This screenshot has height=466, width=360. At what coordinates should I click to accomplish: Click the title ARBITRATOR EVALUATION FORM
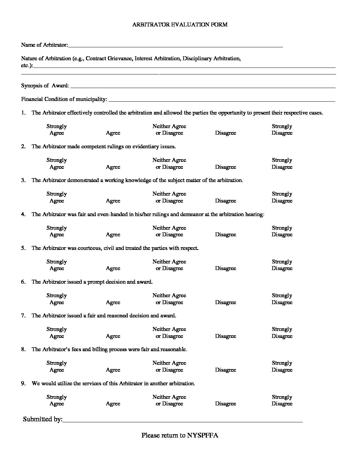[180, 24]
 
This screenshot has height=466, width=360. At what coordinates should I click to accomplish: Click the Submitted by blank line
[182, 421]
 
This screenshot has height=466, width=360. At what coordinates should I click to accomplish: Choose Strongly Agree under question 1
[57, 130]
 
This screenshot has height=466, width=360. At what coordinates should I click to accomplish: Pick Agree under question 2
[113, 167]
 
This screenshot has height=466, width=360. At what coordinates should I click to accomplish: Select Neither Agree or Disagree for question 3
[169, 197]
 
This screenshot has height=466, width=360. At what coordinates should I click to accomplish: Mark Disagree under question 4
[225, 235]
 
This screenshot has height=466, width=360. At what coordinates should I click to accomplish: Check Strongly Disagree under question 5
[282, 265]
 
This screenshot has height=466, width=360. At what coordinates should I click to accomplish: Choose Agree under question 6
[113, 303]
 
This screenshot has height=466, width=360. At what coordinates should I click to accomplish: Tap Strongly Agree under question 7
[57, 333]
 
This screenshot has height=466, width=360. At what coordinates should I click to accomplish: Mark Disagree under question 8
[225, 370]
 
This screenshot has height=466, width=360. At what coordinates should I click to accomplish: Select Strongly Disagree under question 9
[282, 400]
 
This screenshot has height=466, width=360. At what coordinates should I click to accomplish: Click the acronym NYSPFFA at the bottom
[202, 435]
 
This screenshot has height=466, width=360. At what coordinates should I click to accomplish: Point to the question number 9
[23, 384]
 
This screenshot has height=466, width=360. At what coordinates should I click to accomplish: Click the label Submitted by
[42, 419]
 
